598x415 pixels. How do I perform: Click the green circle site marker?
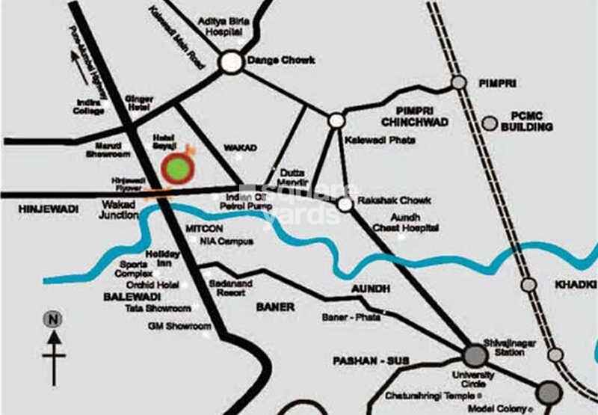(178, 170)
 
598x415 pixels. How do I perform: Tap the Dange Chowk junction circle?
(232, 62)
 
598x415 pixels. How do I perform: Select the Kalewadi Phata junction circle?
(337, 120)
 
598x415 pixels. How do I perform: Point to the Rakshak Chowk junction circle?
(345, 204)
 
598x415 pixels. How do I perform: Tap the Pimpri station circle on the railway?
(459, 82)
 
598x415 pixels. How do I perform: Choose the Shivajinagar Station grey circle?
(474, 354)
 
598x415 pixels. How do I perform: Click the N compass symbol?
(53, 319)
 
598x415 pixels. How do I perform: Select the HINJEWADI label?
(48, 209)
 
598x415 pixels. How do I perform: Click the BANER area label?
(276, 307)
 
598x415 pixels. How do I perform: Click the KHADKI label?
(576, 285)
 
